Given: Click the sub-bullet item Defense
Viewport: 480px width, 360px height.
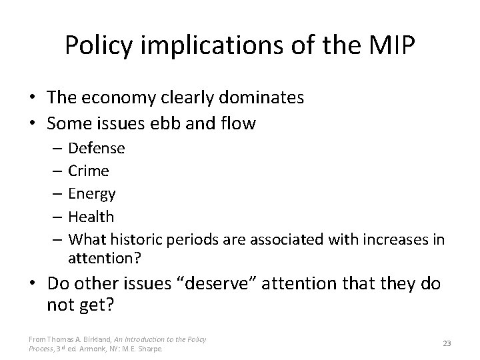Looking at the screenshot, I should (x=97, y=148).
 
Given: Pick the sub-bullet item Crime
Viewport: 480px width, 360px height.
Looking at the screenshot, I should (x=89, y=171).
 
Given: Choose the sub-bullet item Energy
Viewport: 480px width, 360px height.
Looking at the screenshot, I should (x=92, y=194).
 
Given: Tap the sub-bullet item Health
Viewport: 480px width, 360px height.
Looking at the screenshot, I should (x=91, y=217).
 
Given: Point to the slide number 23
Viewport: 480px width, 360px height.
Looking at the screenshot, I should (x=447, y=343).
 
